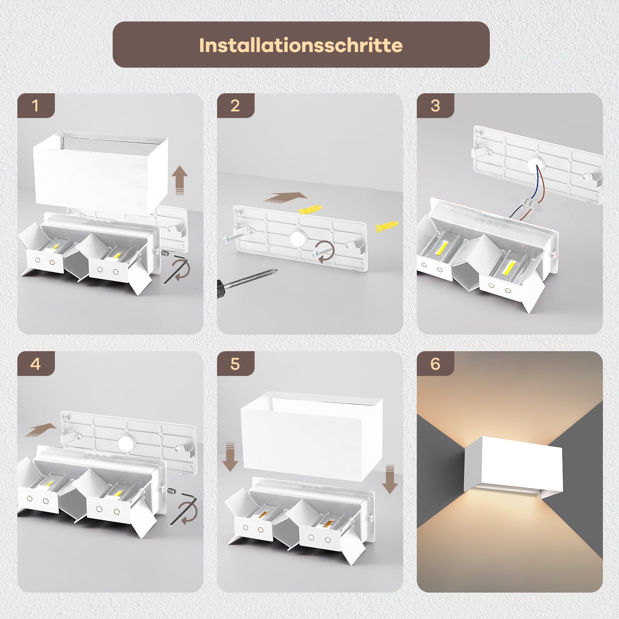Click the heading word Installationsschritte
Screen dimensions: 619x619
pos(301,45)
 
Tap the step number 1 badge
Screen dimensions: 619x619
pos(36,106)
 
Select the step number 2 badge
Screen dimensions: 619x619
pos(235,106)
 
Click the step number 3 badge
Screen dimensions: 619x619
pos(435,106)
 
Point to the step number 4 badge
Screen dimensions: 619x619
pos(36,364)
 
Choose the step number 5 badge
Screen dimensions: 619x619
pos(235,364)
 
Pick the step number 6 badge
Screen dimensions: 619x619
pos(435,364)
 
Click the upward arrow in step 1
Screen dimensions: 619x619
pos(180,180)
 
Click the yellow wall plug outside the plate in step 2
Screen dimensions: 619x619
pos(387,226)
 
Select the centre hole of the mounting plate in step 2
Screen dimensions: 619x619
pos(298,239)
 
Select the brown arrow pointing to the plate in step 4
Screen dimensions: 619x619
pos(40,430)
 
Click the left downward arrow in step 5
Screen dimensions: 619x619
pos(230,456)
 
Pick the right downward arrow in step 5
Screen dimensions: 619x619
pos(390,479)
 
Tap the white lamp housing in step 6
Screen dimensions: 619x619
pos(513,465)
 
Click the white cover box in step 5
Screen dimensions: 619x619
pos(312,436)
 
